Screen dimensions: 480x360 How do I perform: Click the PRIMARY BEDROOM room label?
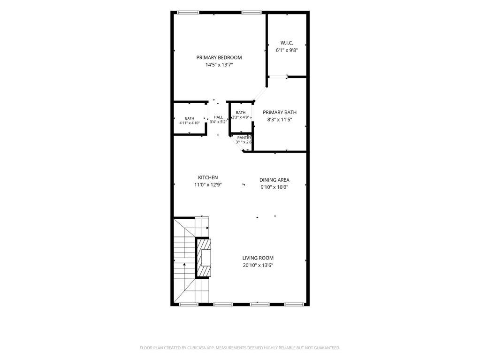[219, 57]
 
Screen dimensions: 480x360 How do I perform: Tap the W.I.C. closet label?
[287, 43]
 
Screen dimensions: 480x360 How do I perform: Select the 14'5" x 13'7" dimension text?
[219, 65]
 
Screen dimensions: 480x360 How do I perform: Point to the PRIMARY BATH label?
[280, 112]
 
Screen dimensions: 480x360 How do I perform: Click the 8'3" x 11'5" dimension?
[280, 120]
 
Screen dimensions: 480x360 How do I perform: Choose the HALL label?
[218, 117]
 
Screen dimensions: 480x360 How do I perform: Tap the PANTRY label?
[244, 138]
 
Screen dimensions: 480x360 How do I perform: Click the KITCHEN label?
[208, 177]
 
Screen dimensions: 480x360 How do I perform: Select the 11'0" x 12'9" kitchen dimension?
[208, 185]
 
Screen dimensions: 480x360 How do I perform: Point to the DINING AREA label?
[274, 180]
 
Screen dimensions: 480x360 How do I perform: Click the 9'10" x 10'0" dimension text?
[274, 187]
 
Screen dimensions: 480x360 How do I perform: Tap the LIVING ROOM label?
[258, 258]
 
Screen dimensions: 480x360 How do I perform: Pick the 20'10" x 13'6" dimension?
[258, 265]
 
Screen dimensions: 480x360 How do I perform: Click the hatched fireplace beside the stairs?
[203, 258]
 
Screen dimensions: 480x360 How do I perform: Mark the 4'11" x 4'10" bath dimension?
[190, 123]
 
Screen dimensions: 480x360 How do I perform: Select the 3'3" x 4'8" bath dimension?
[241, 117]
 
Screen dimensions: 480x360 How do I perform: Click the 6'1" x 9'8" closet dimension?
[287, 51]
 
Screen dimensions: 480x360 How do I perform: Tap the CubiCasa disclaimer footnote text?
[240, 348]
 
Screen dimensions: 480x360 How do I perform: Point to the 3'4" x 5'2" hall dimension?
[218, 122]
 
